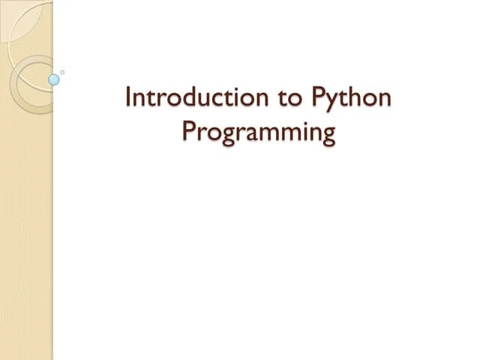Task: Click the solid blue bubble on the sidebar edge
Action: [54, 79]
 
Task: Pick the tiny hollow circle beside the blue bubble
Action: [62, 72]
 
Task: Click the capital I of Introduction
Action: [129, 97]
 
